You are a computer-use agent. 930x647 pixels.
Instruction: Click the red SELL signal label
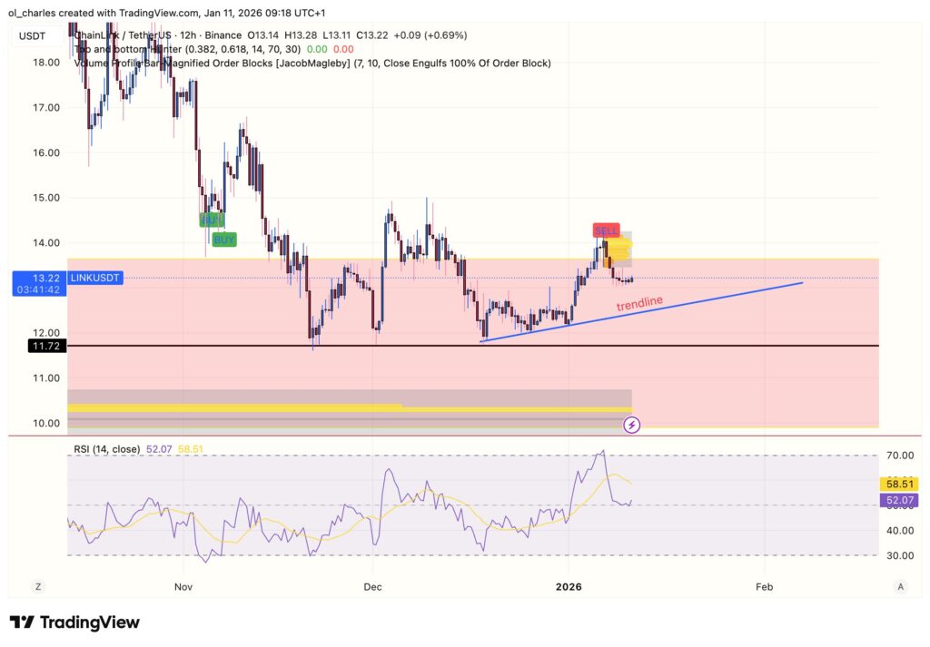[x=606, y=230]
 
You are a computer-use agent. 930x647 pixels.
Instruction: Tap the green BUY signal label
[x=224, y=240]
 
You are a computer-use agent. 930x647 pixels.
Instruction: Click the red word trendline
[x=639, y=304]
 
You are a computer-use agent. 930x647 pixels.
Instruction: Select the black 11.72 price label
[x=45, y=346]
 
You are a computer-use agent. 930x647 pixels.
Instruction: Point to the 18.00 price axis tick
[x=45, y=63]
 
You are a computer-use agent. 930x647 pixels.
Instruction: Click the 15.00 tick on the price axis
[x=45, y=198]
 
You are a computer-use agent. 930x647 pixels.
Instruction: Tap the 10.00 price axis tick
[x=45, y=423]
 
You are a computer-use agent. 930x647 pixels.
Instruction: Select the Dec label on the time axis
[x=371, y=586]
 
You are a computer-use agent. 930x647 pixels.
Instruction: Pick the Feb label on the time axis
[x=764, y=586]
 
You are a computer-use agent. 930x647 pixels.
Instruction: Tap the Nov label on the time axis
[x=183, y=586]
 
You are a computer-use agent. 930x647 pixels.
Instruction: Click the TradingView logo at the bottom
[x=74, y=622]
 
